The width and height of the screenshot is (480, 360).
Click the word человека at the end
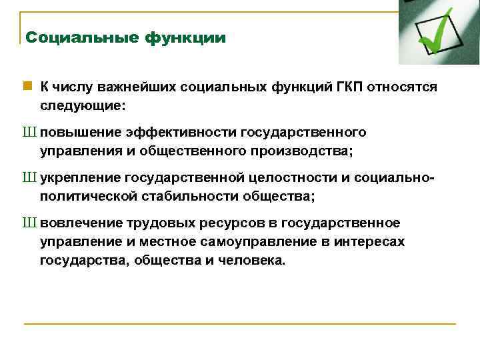[251, 260]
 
